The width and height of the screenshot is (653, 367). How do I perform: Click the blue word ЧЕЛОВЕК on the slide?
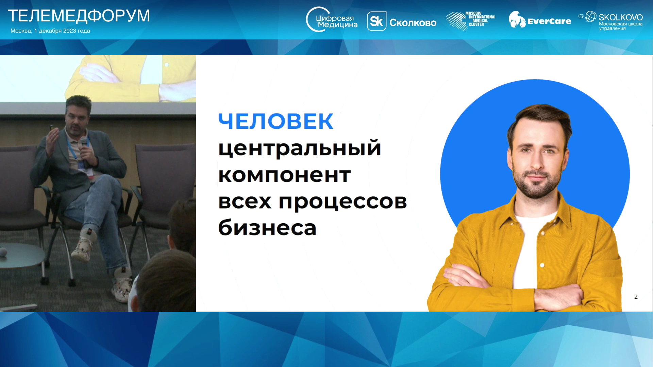[x=275, y=121]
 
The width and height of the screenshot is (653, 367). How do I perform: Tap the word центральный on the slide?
[x=300, y=148]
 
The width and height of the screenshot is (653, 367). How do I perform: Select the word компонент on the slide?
[x=284, y=175]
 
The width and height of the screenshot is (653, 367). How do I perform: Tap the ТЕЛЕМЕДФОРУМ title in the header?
[x=79, y=16]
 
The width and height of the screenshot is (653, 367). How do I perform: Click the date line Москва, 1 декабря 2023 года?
[x=50, y=31]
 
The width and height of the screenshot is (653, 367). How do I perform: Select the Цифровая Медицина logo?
[x=332, y=20]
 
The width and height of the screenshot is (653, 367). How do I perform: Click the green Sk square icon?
[x=376, y=21]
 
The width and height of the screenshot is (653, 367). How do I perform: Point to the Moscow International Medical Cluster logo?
[x=471, y=21]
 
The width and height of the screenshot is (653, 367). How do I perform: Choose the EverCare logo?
[x=540, y=20]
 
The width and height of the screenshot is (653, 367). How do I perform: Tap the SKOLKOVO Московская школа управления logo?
[x=611, y=21]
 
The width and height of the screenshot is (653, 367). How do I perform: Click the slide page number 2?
[x=636, y=297]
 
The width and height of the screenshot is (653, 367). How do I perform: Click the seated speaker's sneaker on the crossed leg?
[x=83, y=247]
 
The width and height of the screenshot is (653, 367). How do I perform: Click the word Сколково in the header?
[x=413, y=23]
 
